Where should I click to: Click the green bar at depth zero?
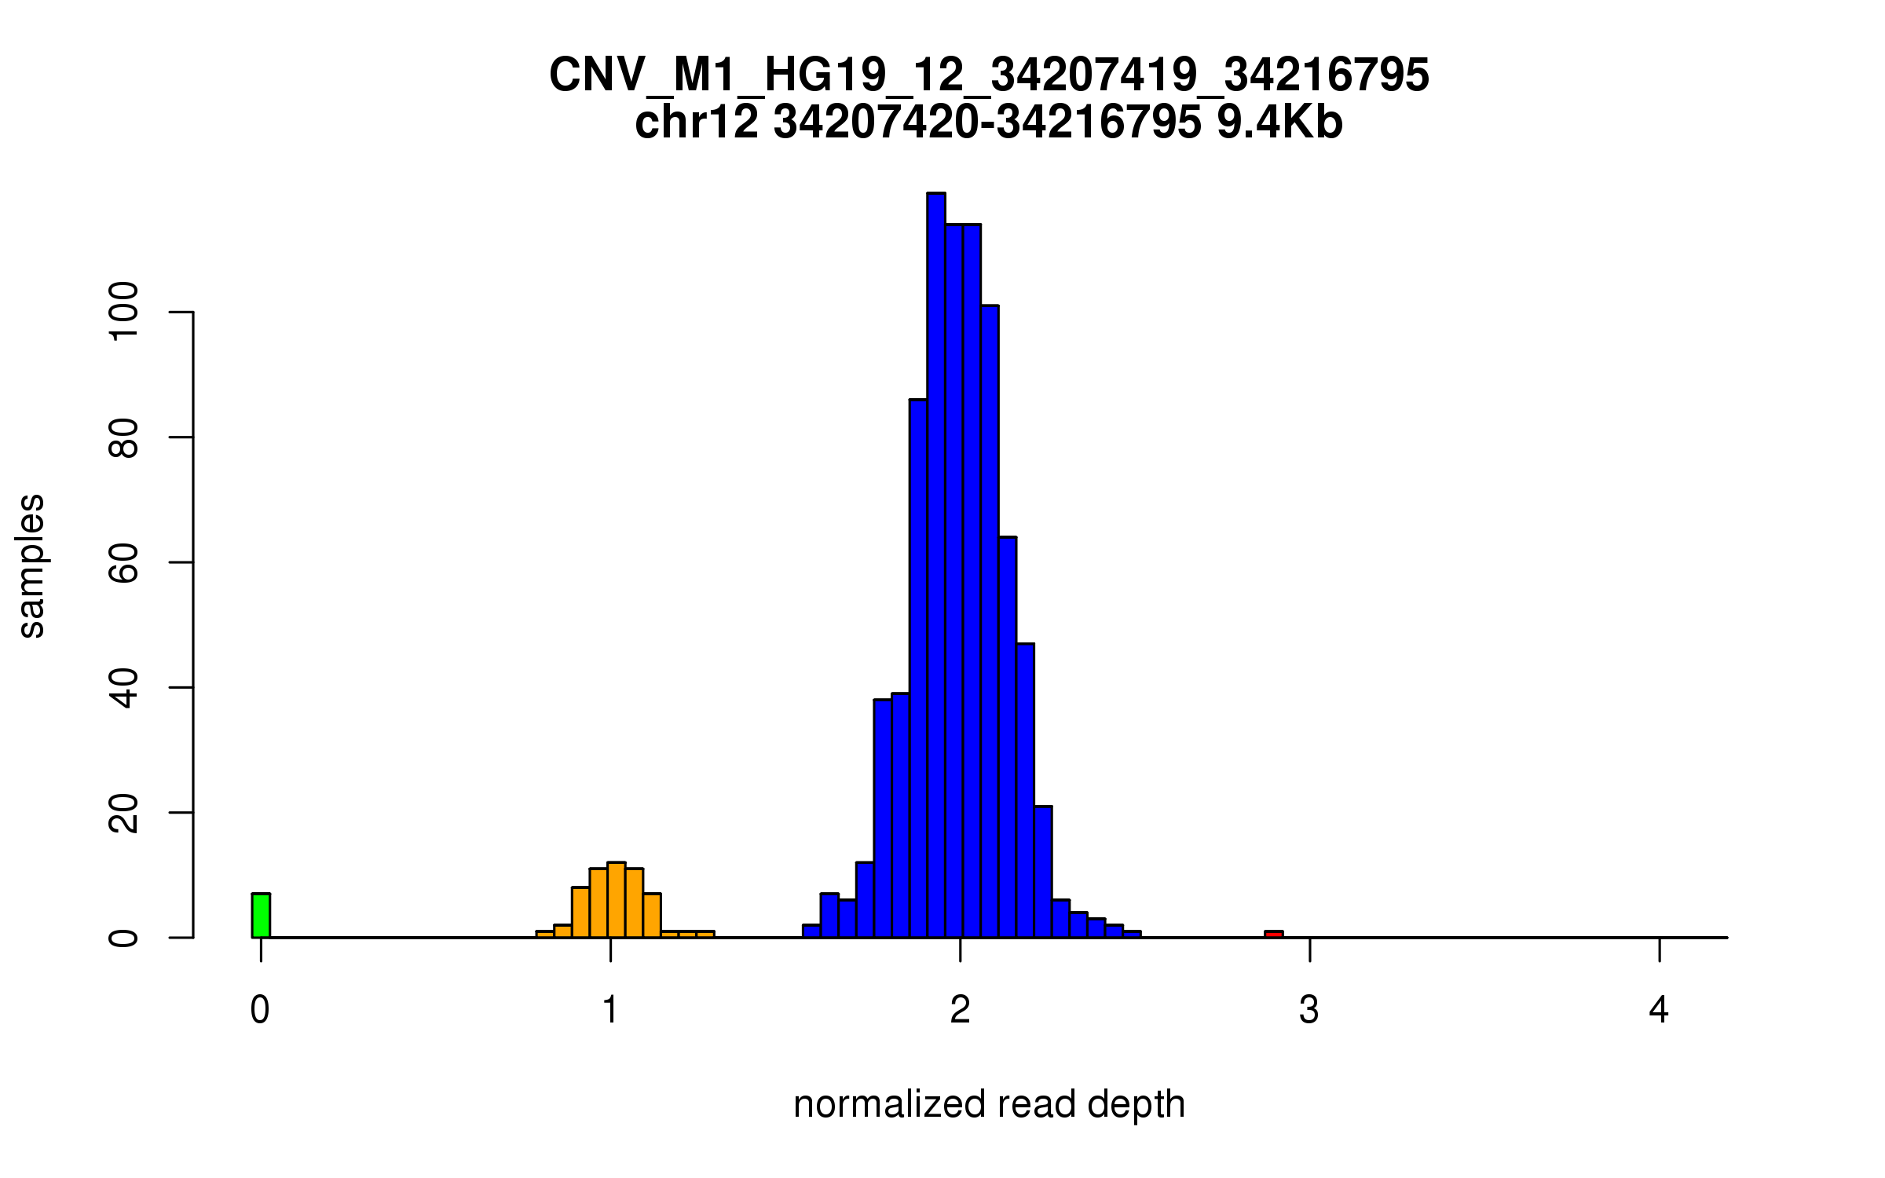pyautogui.click(x=261, y=916)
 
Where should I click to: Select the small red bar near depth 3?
pyautogui.click(x=1273, y=934)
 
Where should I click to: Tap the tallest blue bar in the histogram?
pyautogui.click(x=935, y=565)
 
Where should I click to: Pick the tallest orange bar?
pyautogui.click(x=617, y=900)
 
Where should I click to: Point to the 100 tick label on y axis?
pyautogui.click(x=124, y=312)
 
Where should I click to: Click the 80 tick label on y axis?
pyautogui.click(x=124, y=437)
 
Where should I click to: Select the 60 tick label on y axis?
pyautogui.click(x=124, y=562)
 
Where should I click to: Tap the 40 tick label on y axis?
pyautogui.click(x=124, y=687)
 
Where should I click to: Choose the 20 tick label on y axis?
pyautogui.click(x=124, y=813)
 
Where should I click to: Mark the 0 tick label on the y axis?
pyautogui.click(x=124, y=938)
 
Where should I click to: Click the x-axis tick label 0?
pyautogui.click(x=260, y=1010)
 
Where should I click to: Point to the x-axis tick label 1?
pyautogui.click(x=610, y=1010)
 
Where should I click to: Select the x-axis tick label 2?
pyautogui.click(x=960, y=1010)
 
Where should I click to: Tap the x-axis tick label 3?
pyautogui.click(x=1309, y=1010)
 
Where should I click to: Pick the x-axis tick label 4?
pyautogui.click(x=1659, y=1010)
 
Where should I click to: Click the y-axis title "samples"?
pyautogui.click(x=31, y=565)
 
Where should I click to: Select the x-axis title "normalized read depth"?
pyautogui.click(x=989, y=1104)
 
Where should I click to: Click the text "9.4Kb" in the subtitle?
pyautogui.click(x=1279, y=123)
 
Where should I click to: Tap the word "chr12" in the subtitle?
pyautogui.click(x=697, y=123)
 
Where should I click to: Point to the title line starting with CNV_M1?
pyautogui.click(x=989, y=75)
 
